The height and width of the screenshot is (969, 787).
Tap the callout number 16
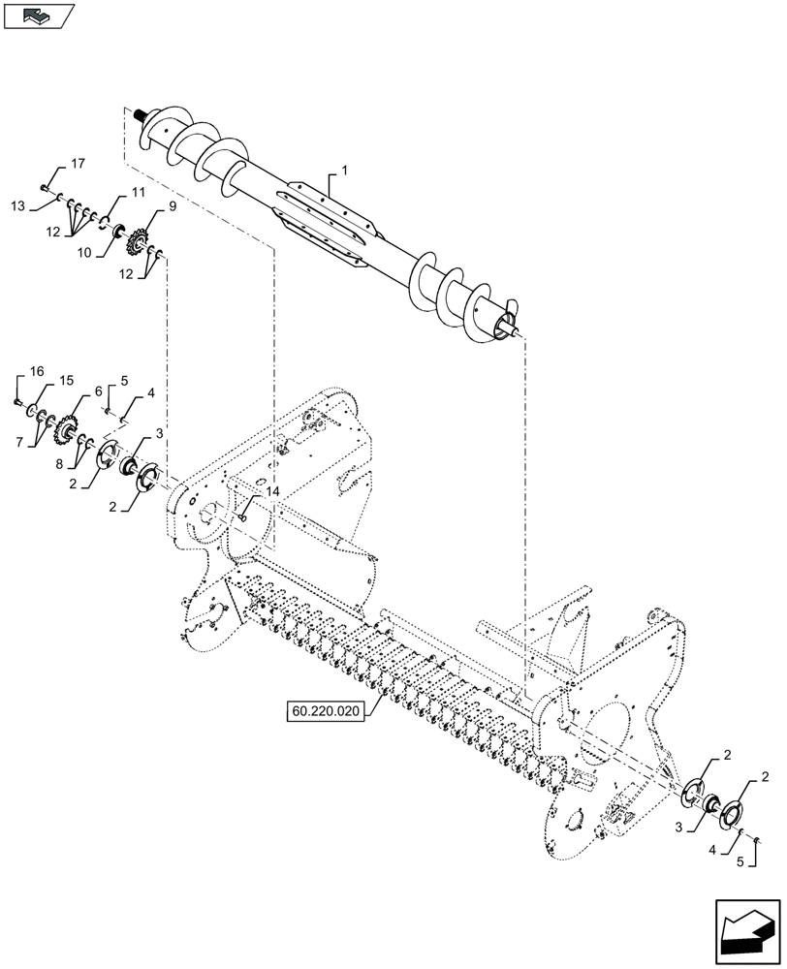[x=37, y=371]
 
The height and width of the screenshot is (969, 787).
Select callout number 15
[x=66, y=382]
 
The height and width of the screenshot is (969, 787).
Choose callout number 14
[x=272, y=493]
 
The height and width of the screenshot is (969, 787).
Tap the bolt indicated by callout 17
[x=47, y=187]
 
